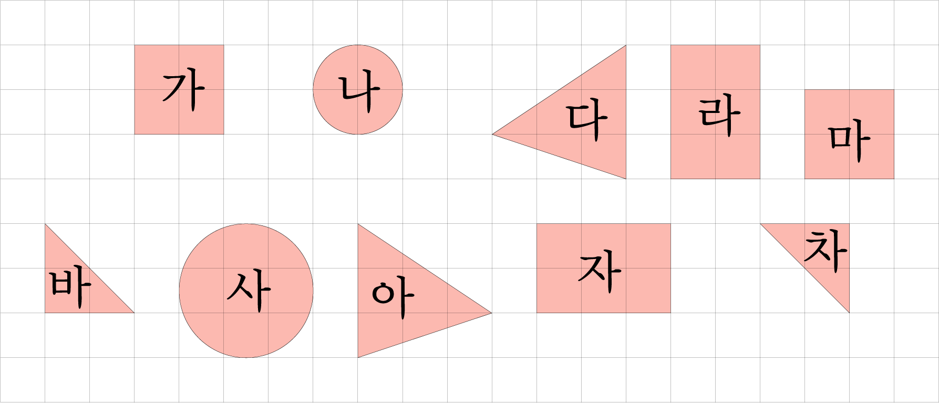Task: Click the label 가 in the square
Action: pos(183,92)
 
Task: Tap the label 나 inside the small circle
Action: pos(359,94)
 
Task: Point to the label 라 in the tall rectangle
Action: pos(719,117)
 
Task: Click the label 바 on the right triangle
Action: pos(70,288)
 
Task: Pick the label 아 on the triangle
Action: pos(393,299)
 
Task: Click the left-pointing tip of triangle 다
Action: pos(492,135)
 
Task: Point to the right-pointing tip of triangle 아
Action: pos(492,313)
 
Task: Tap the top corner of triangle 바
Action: pos(45,224)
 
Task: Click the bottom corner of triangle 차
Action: pos(849,313)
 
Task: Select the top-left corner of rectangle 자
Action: pos(536,224)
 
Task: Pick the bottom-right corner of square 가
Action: pos(224,135)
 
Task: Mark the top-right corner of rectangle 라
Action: pos(760,45)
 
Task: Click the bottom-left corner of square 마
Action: pos(804,179)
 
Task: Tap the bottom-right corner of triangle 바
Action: pos(135,313)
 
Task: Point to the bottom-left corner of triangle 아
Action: pos(358,358)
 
